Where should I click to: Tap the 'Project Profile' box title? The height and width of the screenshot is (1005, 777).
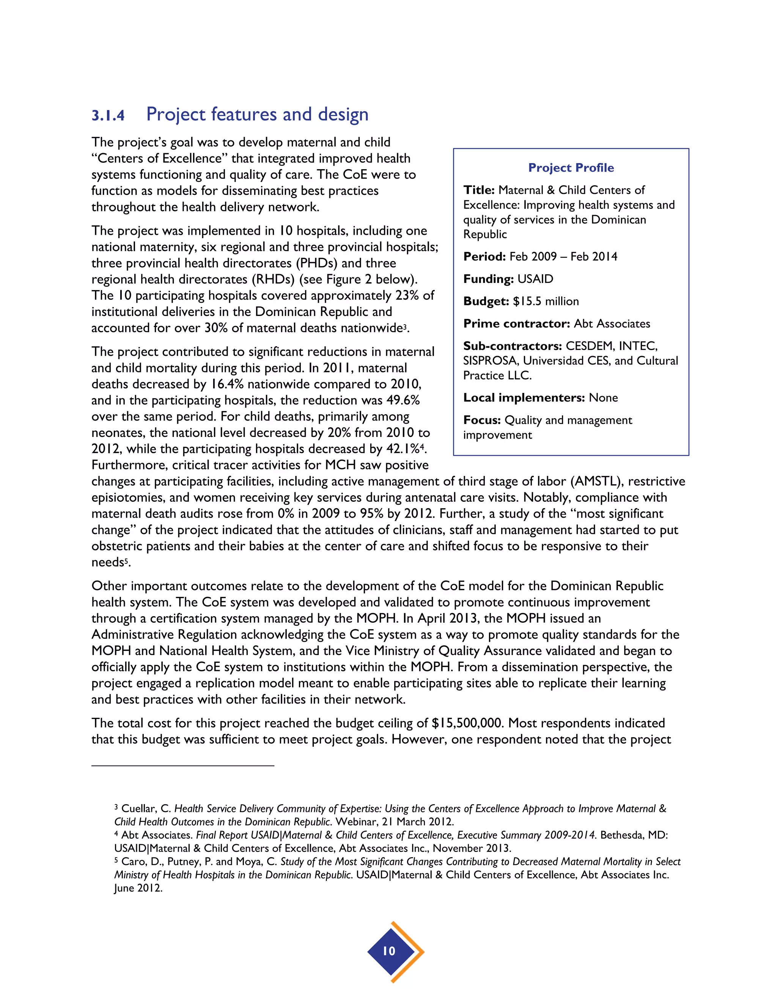click(571, 168)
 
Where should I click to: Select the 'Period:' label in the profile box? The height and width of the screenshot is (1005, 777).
click(484, 256)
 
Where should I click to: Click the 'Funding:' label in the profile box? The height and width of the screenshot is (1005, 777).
click(488, 279)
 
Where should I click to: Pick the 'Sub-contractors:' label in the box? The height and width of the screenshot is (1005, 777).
click(512, 346)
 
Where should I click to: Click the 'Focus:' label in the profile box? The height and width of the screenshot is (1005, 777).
click(481, 420)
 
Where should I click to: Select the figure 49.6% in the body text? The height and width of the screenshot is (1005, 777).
click(403, 400)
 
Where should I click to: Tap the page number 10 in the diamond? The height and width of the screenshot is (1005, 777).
click(389, 951)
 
